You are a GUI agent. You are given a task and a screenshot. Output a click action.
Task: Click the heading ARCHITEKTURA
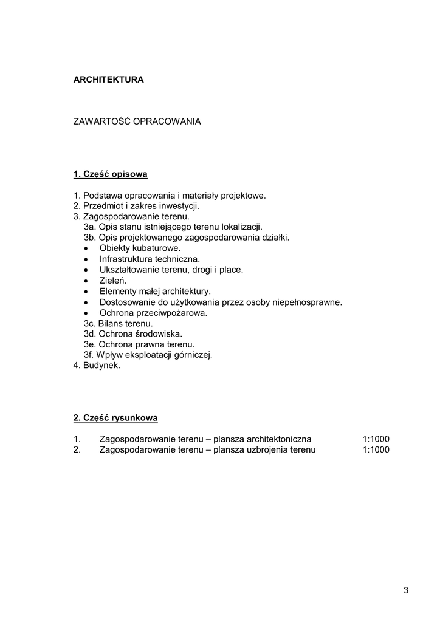point(108,80)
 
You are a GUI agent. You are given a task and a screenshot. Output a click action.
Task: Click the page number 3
point(405,590)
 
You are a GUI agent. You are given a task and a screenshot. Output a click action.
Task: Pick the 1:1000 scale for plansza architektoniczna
point(376,439)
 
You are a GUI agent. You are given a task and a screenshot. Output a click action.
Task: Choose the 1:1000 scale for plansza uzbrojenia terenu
point(376,450)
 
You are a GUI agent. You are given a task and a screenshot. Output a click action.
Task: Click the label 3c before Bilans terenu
point(89,324)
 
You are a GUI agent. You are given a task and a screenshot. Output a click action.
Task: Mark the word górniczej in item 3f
point(193,355)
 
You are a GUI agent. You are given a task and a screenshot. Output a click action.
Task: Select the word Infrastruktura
point(125,259)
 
